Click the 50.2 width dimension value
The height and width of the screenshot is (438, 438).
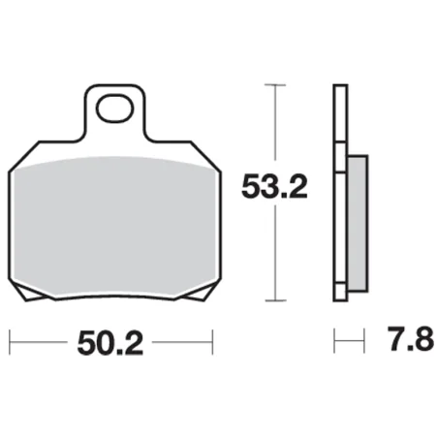tap(109, 342)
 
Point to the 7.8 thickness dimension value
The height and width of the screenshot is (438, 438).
tap(401, 342)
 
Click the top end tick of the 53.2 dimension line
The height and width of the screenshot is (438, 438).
tap(277, 86)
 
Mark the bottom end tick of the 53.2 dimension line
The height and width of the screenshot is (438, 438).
tap(277, 298)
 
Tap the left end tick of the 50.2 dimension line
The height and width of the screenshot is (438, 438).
tap(11, 341)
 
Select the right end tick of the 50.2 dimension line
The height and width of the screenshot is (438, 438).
tap(210, 341)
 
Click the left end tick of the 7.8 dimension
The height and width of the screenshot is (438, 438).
tap(334, 341)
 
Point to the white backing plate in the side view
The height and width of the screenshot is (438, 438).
tap(339, 194)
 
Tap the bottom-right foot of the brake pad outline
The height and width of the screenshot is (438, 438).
tap(194, 295)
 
